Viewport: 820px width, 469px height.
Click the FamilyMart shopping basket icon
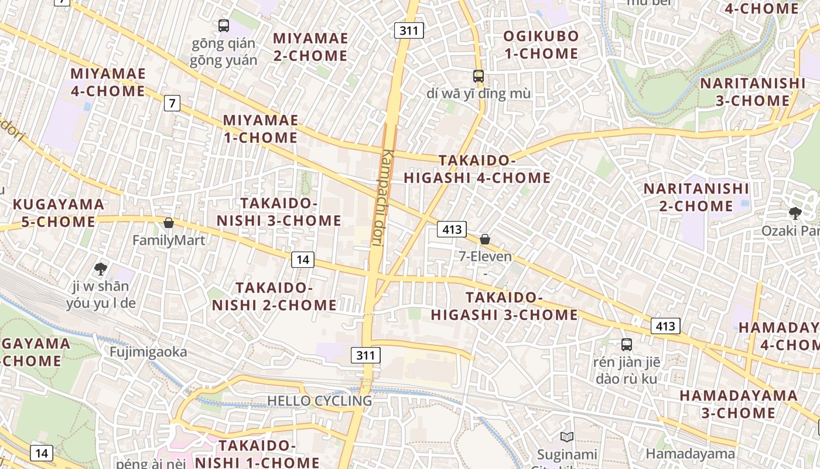tap(169, 223)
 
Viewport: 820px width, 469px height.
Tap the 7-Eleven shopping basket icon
tap(485, 239)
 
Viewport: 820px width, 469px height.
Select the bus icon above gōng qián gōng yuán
tap(224, 25)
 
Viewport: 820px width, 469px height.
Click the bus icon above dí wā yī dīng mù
tap(479, 76)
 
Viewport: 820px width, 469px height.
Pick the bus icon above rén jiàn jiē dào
tap(627, 345)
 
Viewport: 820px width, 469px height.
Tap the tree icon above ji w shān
tap(101, 269)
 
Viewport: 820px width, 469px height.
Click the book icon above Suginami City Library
tap(566, 437)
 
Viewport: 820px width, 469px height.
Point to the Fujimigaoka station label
tap(149, 352)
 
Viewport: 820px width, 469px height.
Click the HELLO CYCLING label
tap(319, 401)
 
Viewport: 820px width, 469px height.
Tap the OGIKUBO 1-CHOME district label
tap(541, 45)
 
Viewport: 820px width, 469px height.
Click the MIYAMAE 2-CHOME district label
tap(310, 47)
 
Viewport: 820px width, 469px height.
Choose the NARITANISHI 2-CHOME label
tap(696, 198)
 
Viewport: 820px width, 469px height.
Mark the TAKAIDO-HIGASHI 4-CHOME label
tap(477, 169)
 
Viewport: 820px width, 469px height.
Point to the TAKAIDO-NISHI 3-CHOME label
tap(279, 212)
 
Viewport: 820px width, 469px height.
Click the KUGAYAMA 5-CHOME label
tap(58, 213)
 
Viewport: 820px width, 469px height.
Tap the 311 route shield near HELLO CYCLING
tap(366, 355)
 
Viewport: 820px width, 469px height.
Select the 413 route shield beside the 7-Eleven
tap(451, 229)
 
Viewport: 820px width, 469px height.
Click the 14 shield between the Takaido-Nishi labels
tap(302, 259)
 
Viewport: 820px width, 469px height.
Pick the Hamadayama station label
tap(690, 453)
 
